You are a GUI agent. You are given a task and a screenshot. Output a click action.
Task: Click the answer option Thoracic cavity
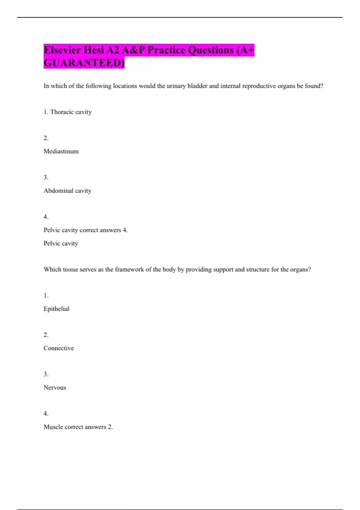point(71,112)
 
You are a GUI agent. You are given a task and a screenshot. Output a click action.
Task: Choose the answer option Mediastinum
point(61,151)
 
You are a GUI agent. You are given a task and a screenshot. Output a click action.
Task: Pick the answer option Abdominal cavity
point(67,191)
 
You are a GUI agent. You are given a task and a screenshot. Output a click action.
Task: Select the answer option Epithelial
point(56,309)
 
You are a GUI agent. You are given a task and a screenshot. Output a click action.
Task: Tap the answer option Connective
point(59,348)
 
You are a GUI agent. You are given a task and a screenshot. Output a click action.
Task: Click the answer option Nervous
point(55,388)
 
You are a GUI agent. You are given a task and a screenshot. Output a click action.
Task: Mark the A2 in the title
point(113,50)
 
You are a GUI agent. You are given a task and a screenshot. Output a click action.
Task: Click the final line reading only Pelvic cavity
point(61,244)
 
